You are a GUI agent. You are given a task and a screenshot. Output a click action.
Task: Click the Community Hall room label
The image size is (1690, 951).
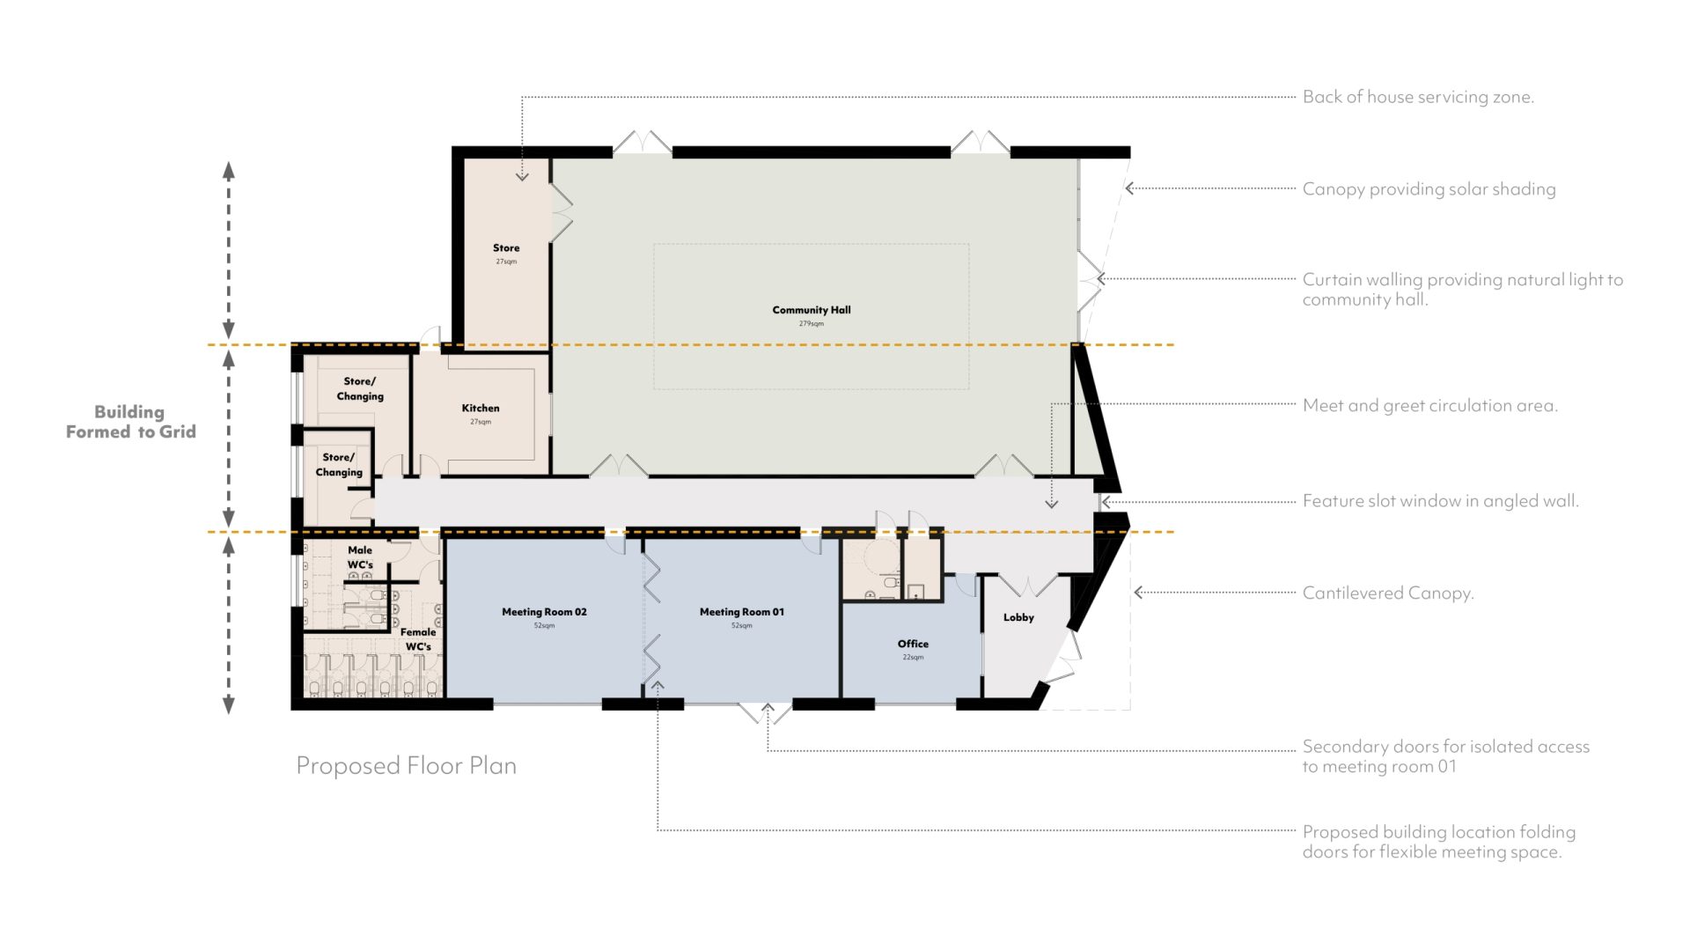point(812,310)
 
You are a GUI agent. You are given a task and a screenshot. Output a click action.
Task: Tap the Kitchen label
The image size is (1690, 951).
point(481,408)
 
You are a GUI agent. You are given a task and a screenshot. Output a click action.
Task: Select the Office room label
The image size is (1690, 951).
point(913,644)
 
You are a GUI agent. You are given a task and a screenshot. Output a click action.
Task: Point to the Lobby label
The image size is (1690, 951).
point(1018,617)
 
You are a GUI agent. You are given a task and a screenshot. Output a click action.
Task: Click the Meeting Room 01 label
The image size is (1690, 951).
point(742,612)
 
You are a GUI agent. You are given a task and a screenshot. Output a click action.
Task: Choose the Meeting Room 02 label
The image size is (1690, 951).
point(544,612)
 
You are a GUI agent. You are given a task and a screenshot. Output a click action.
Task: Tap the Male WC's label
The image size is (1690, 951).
point(360,557)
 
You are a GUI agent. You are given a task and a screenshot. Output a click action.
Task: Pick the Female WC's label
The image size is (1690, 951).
point(418,639)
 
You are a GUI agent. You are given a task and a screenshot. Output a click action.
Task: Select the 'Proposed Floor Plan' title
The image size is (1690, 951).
point(406,765)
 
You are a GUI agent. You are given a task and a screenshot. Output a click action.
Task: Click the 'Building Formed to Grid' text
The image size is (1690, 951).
point(130,422)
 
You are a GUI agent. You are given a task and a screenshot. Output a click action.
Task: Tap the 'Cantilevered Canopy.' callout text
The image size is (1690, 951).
point(1388,593)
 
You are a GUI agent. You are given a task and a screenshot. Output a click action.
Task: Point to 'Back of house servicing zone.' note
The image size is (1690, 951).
point(1418,97)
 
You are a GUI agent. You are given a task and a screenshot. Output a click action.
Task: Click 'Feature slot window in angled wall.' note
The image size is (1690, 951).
point(1441,501)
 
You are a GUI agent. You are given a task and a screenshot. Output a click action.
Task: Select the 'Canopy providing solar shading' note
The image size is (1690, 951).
point(1429,189)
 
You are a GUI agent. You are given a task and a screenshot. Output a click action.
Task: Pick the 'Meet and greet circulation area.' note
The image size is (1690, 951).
point(1430,406)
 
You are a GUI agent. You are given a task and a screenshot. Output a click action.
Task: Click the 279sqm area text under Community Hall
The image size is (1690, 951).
point(812,324)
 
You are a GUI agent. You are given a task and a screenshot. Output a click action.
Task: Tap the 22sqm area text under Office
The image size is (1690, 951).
point(913,658)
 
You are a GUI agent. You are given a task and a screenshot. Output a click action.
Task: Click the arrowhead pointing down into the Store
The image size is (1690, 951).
point(522,177)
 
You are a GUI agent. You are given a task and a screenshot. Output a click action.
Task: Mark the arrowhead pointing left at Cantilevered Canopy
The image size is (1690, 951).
point(1138,593)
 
